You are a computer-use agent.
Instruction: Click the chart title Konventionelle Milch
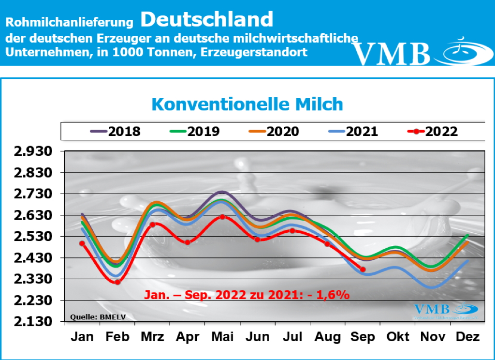(x=247, y=104)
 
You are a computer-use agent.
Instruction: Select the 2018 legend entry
(x=116, y=131)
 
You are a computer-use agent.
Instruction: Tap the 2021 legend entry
(x=353, y=131)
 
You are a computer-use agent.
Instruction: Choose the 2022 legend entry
(x=433, y=131)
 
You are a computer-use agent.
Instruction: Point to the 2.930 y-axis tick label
(x=33, y=152)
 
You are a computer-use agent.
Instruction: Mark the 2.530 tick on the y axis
(x=33, y=237)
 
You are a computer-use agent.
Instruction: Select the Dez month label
(x=467, y=337)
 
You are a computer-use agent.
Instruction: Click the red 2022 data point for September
(x=363, y=270)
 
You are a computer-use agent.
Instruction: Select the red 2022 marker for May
(x=222, y=217)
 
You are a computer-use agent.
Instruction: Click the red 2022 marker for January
(x=82, y=243)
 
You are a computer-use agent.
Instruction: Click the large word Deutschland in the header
(x=207, y=19)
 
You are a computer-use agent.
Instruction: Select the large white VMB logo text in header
(x=391, y=54)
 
